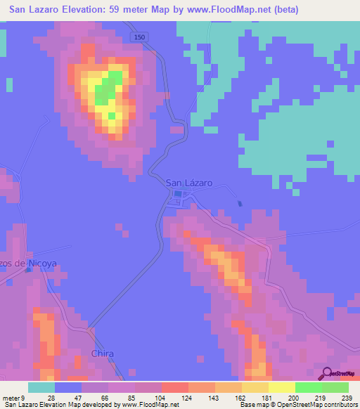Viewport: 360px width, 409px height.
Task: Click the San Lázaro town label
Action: [188, 183]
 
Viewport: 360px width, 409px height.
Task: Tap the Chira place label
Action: [102, 353]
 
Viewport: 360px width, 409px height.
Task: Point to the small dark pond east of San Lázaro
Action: [240, 204]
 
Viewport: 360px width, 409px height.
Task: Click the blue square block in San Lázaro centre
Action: [178, 195]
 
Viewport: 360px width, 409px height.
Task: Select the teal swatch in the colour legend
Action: [41, 387]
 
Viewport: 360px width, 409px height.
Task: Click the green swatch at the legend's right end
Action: [335, 387]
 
